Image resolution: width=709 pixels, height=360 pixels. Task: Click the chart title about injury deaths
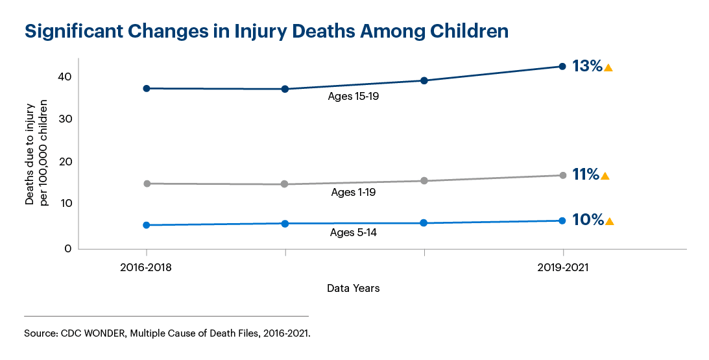tap(266, 30)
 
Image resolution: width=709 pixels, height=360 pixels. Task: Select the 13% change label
tap(587, 66)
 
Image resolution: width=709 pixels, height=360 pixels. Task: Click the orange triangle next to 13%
tap(608, 67)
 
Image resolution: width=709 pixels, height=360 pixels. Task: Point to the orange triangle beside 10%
tap(609, 222)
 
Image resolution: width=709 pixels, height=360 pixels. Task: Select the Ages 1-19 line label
tap(353, 192)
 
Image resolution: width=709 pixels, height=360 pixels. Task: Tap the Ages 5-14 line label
tap(353, 233)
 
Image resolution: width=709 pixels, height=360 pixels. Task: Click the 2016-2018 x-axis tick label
tap(147, 267)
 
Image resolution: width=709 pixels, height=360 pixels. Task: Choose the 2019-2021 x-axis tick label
tap(562, 267)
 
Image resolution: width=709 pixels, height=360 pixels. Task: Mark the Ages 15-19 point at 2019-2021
tap(562, 66)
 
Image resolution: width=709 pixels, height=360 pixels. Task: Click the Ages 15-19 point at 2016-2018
tap(147, 88)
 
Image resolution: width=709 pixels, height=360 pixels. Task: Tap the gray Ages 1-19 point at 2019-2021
tap(562, 175)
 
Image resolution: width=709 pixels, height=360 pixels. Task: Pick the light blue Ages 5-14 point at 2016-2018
tap(147, 225)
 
